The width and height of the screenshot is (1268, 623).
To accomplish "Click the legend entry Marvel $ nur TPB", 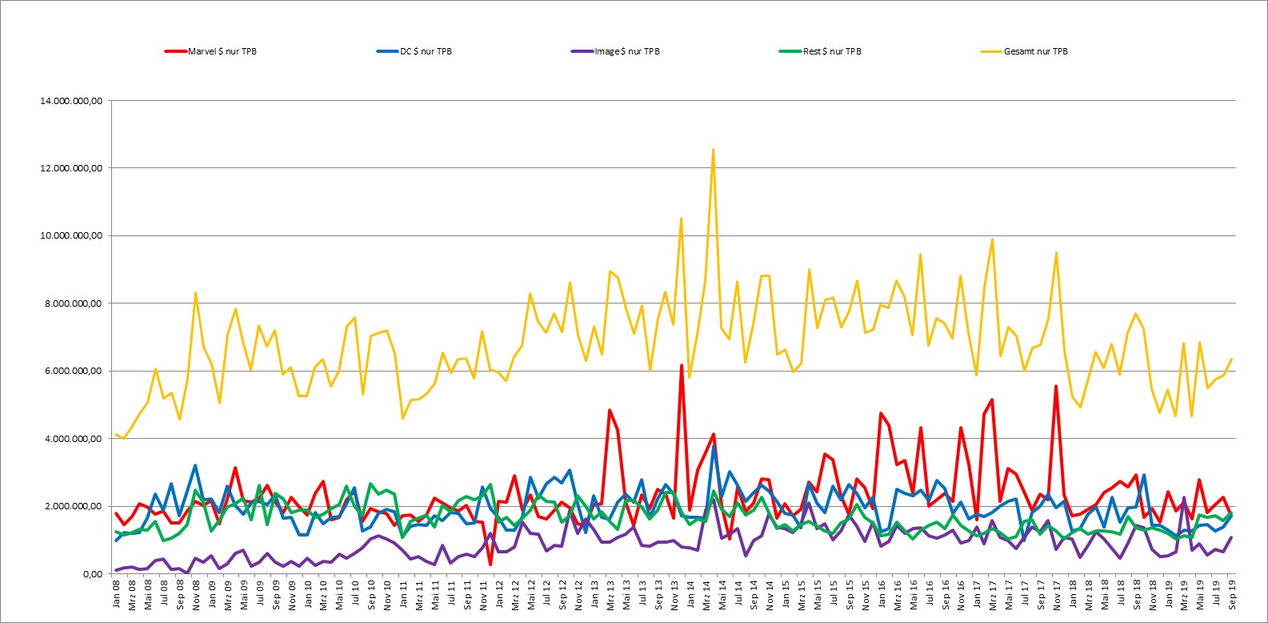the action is pos(210,51).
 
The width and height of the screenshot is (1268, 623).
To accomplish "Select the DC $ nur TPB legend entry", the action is pos(414,51).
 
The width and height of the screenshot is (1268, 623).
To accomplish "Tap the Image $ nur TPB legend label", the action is pos(615,51).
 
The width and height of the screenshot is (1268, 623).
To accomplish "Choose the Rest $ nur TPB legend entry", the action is pos(820,51).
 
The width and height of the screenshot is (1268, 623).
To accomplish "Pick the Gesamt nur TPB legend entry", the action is pos(1024,51).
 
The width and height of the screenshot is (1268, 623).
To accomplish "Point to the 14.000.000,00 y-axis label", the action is pos(71,101).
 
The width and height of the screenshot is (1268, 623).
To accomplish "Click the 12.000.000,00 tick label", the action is pos(71,168).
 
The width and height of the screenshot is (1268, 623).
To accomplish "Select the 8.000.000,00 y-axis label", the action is pos(74,303).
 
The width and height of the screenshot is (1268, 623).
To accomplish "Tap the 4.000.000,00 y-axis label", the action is pos(74,439).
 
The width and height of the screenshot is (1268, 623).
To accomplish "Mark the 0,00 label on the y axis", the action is pos(94,574).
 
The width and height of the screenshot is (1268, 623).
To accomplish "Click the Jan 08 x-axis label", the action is pos(116,594).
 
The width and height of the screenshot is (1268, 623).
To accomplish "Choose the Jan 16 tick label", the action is pos(881,594).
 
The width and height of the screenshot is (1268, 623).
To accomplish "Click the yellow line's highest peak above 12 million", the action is pos(714,150).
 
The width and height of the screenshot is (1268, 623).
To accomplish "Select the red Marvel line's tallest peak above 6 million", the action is pos(682,365).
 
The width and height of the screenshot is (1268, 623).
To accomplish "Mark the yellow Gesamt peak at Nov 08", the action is pos(195,293).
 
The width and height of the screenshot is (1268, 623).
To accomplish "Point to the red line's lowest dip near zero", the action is pos(490,564).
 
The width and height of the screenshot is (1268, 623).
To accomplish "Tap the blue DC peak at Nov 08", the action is pos(195,465).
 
